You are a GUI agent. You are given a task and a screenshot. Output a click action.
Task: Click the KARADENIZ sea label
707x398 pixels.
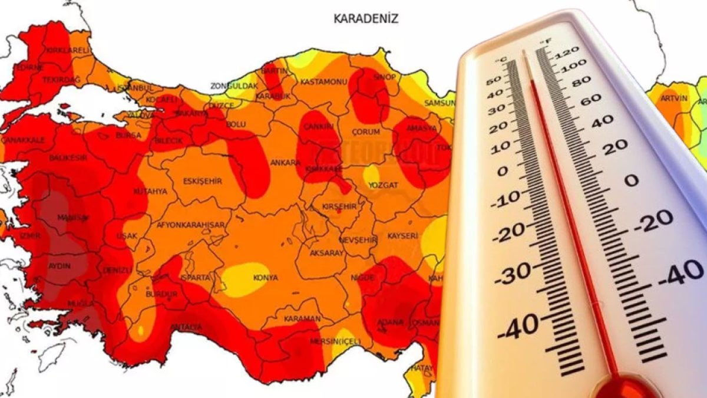[366, 19]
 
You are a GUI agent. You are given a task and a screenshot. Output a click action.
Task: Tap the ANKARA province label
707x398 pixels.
[281, 162]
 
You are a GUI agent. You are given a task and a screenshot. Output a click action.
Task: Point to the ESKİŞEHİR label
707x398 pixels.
[202, 182]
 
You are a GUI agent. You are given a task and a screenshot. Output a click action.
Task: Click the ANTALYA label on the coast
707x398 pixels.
[186, 327]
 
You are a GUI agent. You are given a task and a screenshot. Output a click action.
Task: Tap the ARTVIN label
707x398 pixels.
[674, 98]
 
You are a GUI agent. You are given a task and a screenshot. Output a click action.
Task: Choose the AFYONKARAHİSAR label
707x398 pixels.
[190, 225]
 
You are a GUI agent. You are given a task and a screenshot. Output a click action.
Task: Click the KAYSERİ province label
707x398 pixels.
[402, 236]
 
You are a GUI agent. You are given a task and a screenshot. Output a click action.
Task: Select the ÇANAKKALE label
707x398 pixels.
[22, 140]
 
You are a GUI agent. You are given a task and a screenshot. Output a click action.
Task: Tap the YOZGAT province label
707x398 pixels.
[384, 184]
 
